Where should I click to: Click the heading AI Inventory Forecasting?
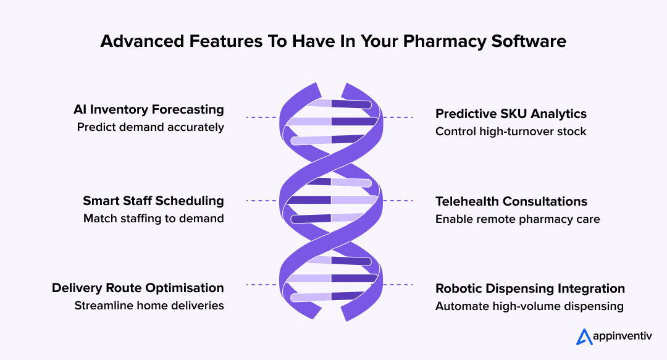pyautogui.click(x=148, y=110)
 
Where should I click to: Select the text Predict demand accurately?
pyautogui.click(x=150, y=128)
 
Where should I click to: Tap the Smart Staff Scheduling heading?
pyautogui.click(x=153, y=201)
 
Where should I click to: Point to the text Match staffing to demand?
pyautogui.click(x=153, y=219)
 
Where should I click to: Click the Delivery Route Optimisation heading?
pyautogui.click(x=138, y=288)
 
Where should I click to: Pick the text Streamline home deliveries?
pyautogui.click(x=149, y=306)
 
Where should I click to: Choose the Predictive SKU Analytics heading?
pyautogui.click(x=511, y=114)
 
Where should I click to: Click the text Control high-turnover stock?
pyautogui.click(x=511, y=132)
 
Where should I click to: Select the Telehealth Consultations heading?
pyautogui.click(x=511, y=201)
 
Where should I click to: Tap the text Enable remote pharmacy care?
pyautogui.click(x=518, y=219)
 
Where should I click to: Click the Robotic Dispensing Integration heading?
pyautogui.click(x=530, y=288)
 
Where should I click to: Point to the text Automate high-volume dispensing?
pyautogui.click(x=529, y=306)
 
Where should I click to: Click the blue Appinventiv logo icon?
pyautogui.click(x=584, y=336)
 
